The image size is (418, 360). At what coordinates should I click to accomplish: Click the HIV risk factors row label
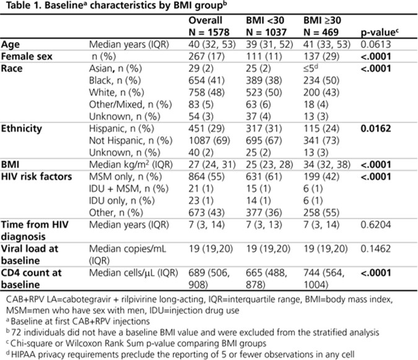tap(39, 176)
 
